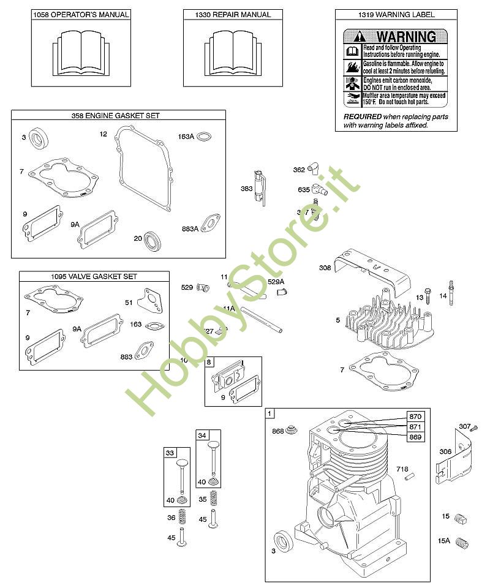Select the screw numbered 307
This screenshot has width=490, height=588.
472,427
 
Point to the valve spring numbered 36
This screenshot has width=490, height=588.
181,518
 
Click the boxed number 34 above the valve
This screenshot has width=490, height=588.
202,435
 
